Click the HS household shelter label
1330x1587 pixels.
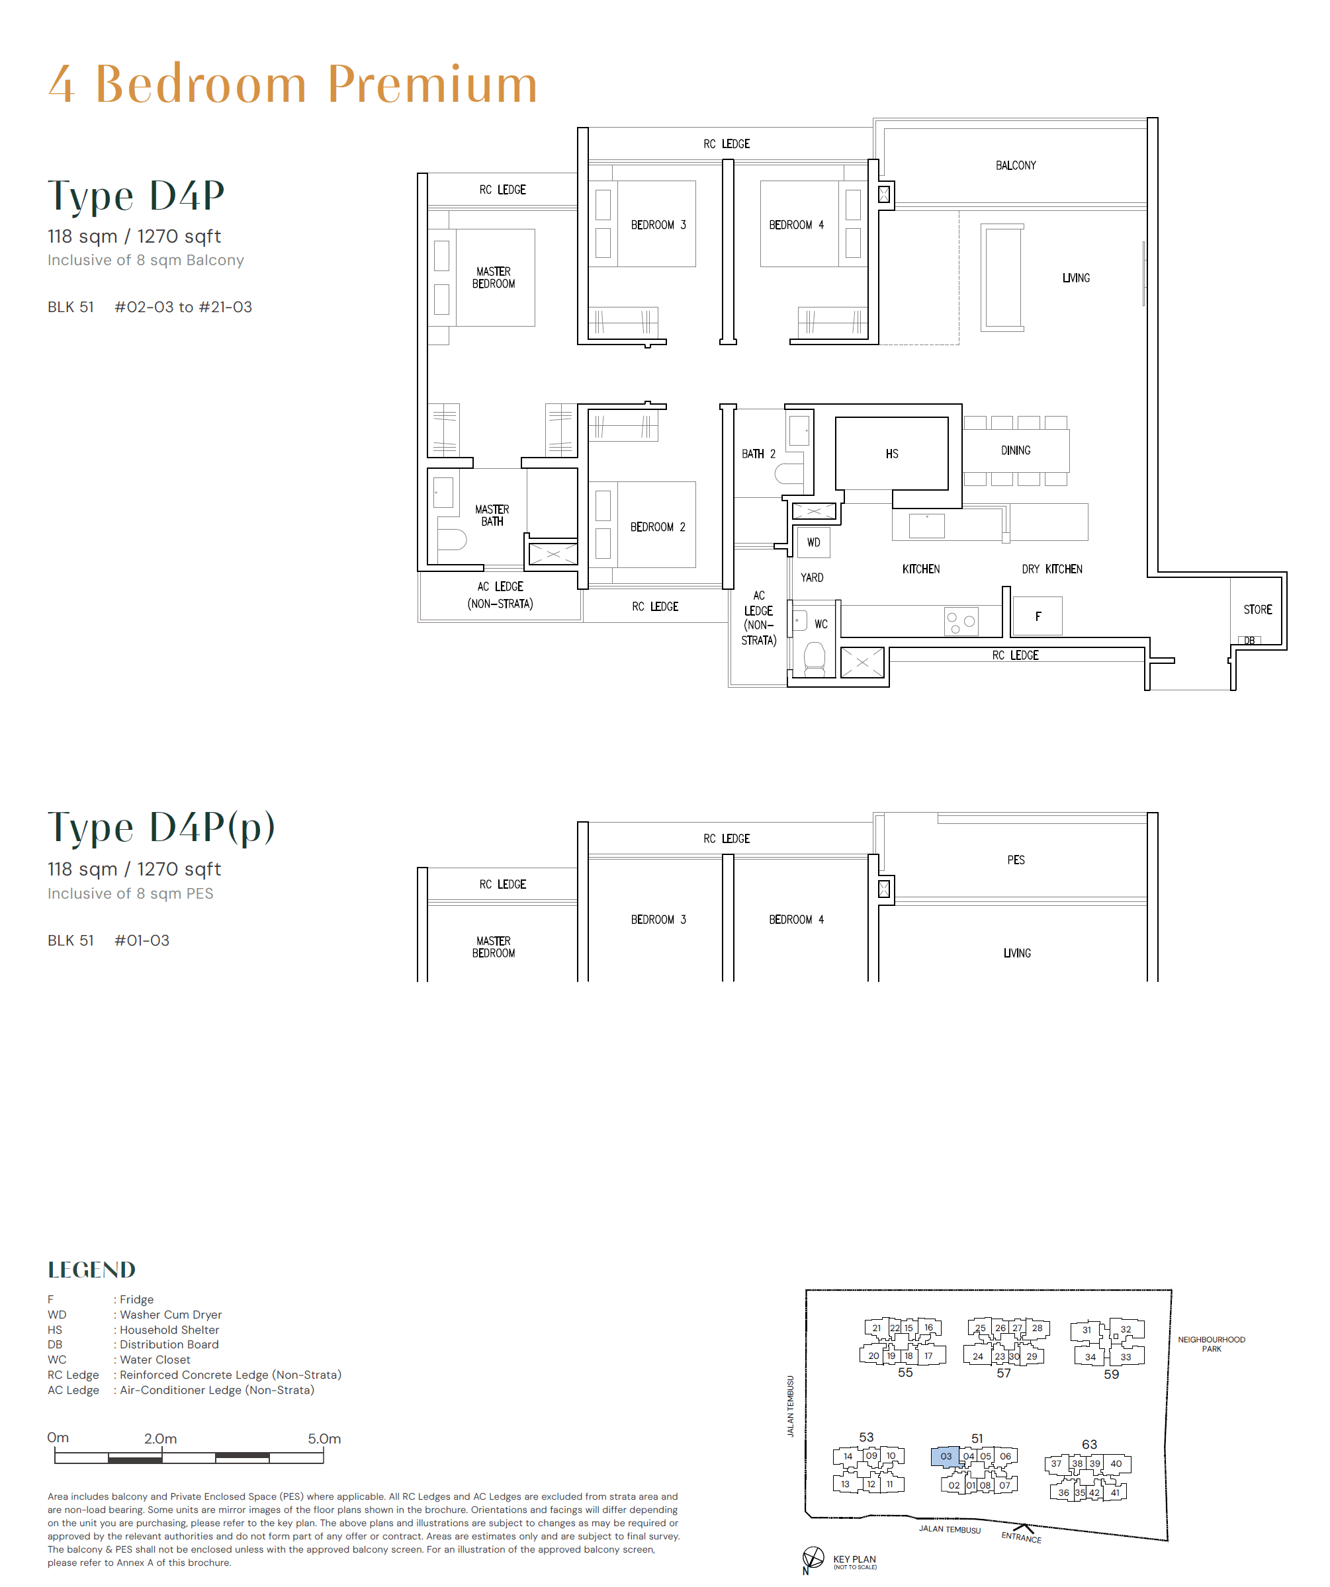pos(891,454)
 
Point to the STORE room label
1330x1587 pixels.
pos(1257,610)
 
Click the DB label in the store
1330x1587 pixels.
pos(1249,641)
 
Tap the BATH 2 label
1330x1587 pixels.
pos(758,454)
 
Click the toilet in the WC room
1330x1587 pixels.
pos(814,658)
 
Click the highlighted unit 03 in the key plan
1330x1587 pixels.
pos(945,1456)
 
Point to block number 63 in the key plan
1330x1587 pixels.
pos(1088,1444)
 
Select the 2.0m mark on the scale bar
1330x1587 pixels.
pos(160,1439)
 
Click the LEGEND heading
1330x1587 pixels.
pos(91,1270)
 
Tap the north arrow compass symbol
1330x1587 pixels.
pos(812,1557)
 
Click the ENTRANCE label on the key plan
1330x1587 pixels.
pos(1021,1537)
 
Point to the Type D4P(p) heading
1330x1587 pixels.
pos(161,827)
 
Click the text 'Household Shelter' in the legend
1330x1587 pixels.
pos(169,1330)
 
